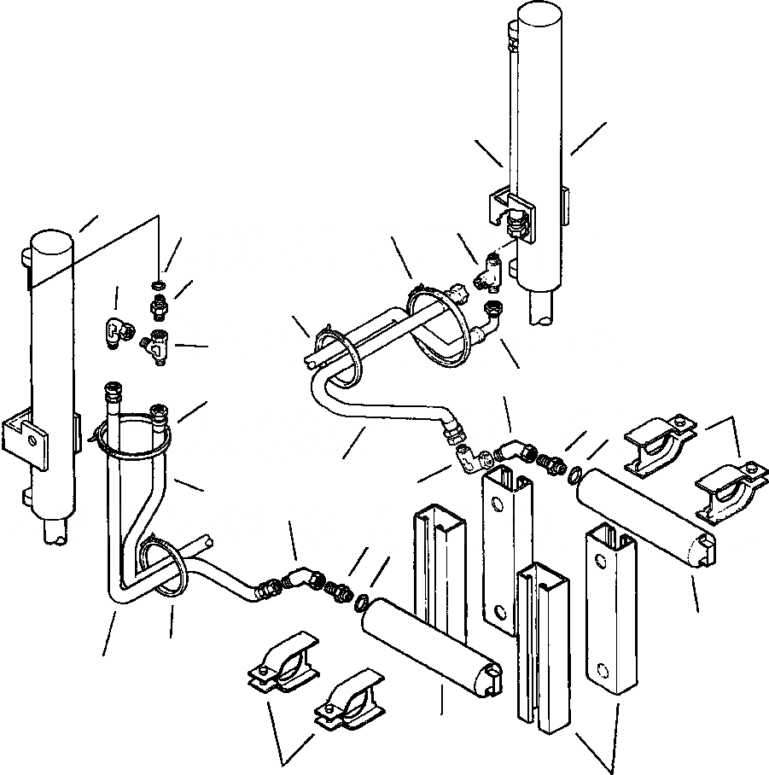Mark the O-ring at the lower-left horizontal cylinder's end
[361, 604]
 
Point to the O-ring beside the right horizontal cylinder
[574, 475]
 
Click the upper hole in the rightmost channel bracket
[603, 561]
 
